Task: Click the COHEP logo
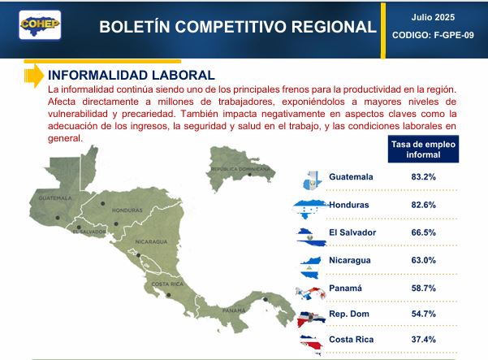pos(40,25)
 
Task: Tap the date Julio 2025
pos(433,17)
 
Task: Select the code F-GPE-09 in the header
pos(454,35)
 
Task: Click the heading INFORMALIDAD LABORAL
pos(132,75)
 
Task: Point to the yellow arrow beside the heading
pos(33,76)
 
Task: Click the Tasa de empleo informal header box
pos(423,150)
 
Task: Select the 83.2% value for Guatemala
pos(423,177)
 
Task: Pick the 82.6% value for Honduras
pos(423,205)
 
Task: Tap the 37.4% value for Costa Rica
pos(423,340)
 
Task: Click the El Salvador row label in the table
pos(352,232)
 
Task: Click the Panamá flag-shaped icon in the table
pos(311,293)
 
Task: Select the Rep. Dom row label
pos(349,314)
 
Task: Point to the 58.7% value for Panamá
pos(423,288)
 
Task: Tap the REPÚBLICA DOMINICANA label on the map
pos(240,169)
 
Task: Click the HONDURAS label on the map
pos(127,210)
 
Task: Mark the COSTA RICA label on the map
pos(167,284)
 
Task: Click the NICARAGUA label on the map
pos(151,241)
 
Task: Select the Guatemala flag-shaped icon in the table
pos(312,180)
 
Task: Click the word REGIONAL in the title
pos(334,27)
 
